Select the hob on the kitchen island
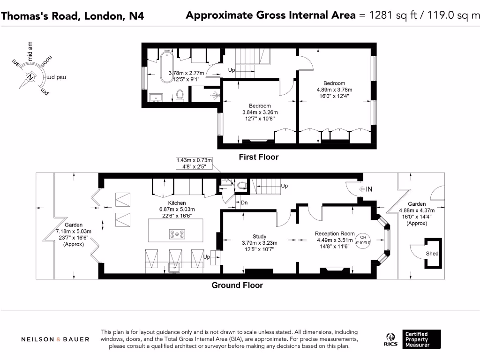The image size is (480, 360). click(x=176, y=233)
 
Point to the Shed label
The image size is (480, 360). click(x=432, y=254)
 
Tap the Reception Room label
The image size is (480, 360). click(x=334, y=233)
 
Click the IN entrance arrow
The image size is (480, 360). click(x=366, y=189)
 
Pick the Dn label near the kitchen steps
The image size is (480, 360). click(x=244, y=202)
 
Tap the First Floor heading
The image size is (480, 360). click(x=259, y=157)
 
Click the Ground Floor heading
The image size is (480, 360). click(x=237, y=285)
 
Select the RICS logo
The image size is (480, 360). click(x=391, y=339)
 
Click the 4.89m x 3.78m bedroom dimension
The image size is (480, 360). click(x=334, y=90)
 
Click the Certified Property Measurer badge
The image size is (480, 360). click(x=421, y=339)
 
